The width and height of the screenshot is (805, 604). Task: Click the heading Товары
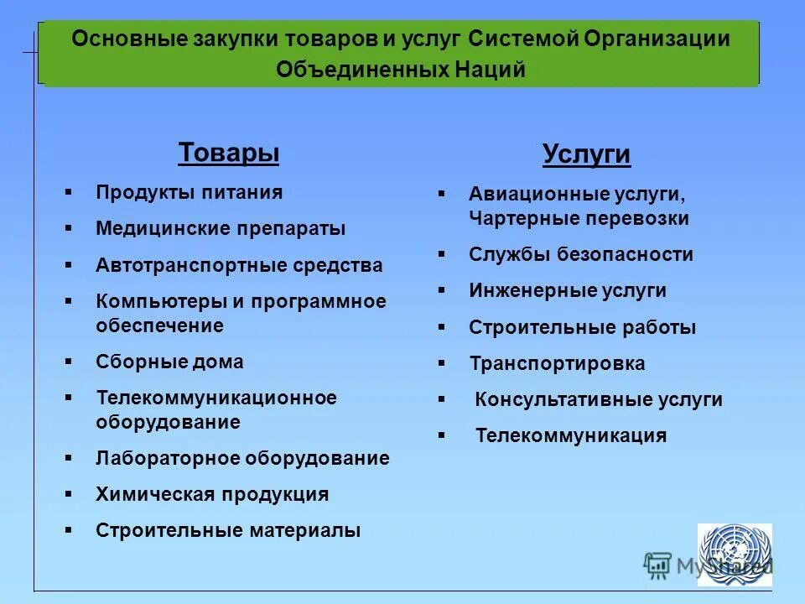228,153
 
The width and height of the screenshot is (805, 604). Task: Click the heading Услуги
586,154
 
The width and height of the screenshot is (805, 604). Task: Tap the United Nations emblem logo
735,554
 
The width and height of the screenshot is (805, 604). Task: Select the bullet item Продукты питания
189,192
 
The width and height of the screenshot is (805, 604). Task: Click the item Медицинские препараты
221,228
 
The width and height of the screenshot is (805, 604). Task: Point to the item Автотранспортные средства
239,266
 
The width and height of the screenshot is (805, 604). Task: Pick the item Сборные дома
169,362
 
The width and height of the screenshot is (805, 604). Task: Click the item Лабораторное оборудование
242,458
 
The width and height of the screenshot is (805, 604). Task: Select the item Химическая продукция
212,494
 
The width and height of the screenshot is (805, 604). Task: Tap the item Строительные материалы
228,530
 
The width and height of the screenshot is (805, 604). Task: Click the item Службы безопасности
580,254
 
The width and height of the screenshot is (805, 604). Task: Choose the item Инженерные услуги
567,291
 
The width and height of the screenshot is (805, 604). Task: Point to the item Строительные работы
582,328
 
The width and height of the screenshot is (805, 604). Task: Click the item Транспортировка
557,364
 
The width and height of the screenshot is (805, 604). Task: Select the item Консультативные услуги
598,400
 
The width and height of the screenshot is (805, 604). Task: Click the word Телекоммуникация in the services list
570,436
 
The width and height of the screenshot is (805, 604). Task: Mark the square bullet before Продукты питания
68,192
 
